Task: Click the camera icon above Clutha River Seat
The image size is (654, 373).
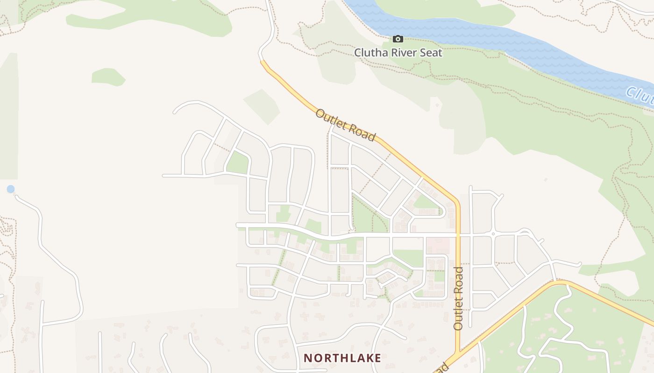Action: click(398, 39)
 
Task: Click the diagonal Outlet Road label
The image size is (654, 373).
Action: click(345, 125)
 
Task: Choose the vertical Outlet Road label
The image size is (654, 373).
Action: click(458, 298)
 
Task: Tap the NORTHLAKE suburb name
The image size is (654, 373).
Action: click(342, 358)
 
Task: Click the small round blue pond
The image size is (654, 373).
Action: click(10, 189)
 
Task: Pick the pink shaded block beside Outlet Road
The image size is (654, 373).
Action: click(438, 246)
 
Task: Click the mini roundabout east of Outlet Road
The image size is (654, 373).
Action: click(493, 234)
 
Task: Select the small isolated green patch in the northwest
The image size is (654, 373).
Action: click(108, 77)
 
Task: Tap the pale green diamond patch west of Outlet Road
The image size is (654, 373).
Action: click(261, 106)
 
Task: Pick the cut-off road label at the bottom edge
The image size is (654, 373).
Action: click(441, 367)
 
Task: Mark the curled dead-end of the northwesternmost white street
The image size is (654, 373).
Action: click(175, 112)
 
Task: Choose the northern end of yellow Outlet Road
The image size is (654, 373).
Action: click(262, 61)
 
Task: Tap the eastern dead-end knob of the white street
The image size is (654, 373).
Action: click(579, 264)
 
